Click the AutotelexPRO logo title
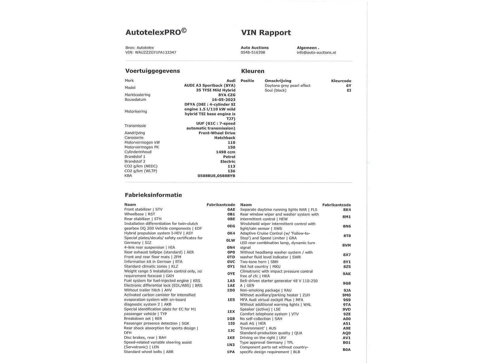156,32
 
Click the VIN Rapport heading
266,33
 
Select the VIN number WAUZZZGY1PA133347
155,52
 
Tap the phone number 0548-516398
253,52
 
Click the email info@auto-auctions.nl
316,52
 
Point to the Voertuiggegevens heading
152,71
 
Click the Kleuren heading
253,71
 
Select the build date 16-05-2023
224,100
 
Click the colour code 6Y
349,86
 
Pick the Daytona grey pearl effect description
287,86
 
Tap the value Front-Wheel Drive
217,133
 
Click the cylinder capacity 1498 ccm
225,152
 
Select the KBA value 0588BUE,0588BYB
216,176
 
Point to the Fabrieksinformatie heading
153,195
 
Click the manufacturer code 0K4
231,233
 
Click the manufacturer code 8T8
347,236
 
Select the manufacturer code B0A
347,350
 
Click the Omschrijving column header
278,81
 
